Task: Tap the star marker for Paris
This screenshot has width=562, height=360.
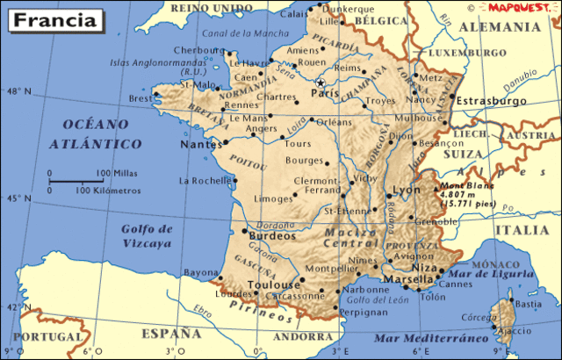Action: tap(320, 82)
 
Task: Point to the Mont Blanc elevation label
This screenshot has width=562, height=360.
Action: tap(467, 194)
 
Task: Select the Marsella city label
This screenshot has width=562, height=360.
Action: tap(409, 279)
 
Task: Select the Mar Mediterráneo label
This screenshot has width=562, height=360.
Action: tap(430, 338)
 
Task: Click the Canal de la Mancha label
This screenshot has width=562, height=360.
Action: tap(236, 34)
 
